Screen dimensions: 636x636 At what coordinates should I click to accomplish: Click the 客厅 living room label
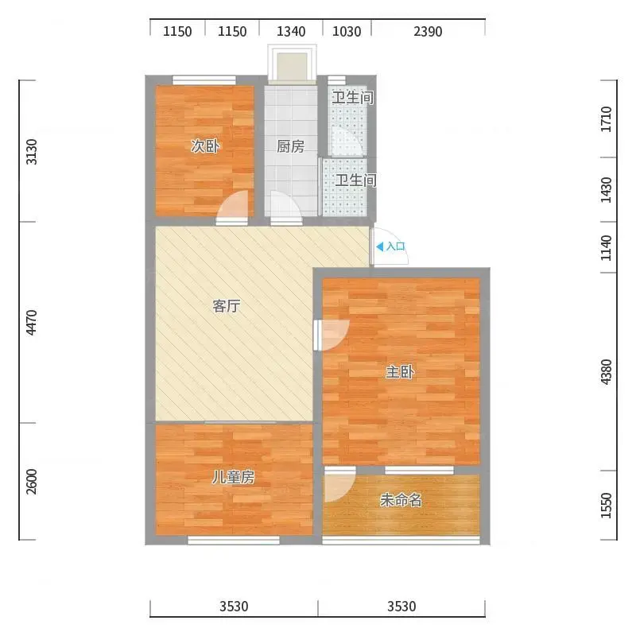point(227,306)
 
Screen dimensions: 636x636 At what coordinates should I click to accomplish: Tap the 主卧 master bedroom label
point(400,371)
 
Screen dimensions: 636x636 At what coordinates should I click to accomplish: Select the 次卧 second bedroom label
point(205,146)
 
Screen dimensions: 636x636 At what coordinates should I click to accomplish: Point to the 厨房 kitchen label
point(290,146)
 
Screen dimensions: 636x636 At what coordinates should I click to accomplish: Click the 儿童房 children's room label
point(233,478)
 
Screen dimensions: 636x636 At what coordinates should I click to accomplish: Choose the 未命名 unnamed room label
point(401,500)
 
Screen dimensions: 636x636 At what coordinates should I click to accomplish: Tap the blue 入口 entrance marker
point(390,246)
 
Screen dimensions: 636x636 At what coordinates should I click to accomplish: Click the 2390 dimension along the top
point(428,31)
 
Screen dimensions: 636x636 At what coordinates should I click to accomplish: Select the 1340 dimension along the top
point(291,31)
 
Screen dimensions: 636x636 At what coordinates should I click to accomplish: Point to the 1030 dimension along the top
point(347,31)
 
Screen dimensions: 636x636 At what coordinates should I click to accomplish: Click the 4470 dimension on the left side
point(31,323)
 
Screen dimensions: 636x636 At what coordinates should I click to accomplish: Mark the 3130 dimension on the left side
point(31,152)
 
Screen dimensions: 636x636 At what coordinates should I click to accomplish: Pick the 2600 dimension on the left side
point(31,482)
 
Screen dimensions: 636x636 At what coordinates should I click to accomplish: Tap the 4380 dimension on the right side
point(606,372)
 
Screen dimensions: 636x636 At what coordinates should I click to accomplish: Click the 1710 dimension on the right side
point(606,118)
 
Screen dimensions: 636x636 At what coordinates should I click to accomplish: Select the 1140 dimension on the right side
point(606,248)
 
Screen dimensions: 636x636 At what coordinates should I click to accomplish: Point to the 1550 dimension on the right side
point(606,505)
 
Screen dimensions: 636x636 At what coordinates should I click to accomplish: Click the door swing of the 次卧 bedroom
point(232,205)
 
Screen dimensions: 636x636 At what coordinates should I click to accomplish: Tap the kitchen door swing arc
point(286,205)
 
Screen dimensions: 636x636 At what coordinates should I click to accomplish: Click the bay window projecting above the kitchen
point(292,64)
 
